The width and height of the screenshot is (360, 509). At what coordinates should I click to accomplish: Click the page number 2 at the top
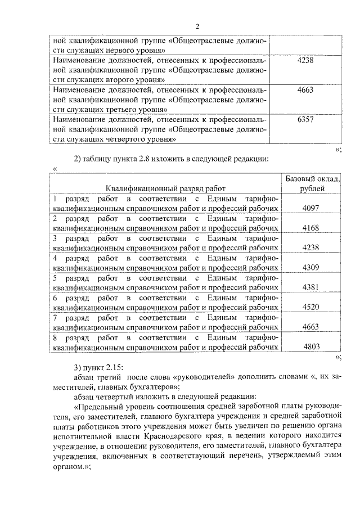pyautogui.click(x=197, y=26)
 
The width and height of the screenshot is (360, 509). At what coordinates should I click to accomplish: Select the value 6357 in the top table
pyautogui.click(x=304, y=120)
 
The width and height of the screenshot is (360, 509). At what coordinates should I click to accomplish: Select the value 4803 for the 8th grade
pyautogui.click(x=310, y=347)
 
